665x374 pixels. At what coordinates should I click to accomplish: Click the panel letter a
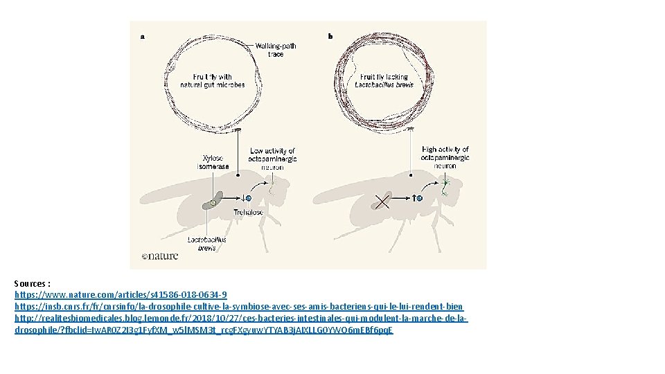point(143,37)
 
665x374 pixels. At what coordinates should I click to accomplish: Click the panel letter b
point(330,36)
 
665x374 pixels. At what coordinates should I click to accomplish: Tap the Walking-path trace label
point(275,50)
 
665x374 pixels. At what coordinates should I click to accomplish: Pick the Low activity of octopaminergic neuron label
point(272,159)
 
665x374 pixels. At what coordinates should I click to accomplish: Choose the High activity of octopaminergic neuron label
point(445,157)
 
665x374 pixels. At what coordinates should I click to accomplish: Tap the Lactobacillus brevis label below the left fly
point(206,244)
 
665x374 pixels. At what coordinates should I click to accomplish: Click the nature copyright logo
point(160,256)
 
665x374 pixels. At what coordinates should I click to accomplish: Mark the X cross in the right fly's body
point(382,202)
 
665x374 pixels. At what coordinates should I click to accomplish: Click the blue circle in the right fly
point(419,198)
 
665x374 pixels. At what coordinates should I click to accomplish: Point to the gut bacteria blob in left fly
point(211,202)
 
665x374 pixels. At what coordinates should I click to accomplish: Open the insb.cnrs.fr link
point(239,306)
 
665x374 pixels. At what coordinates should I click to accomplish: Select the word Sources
point(30,284)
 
